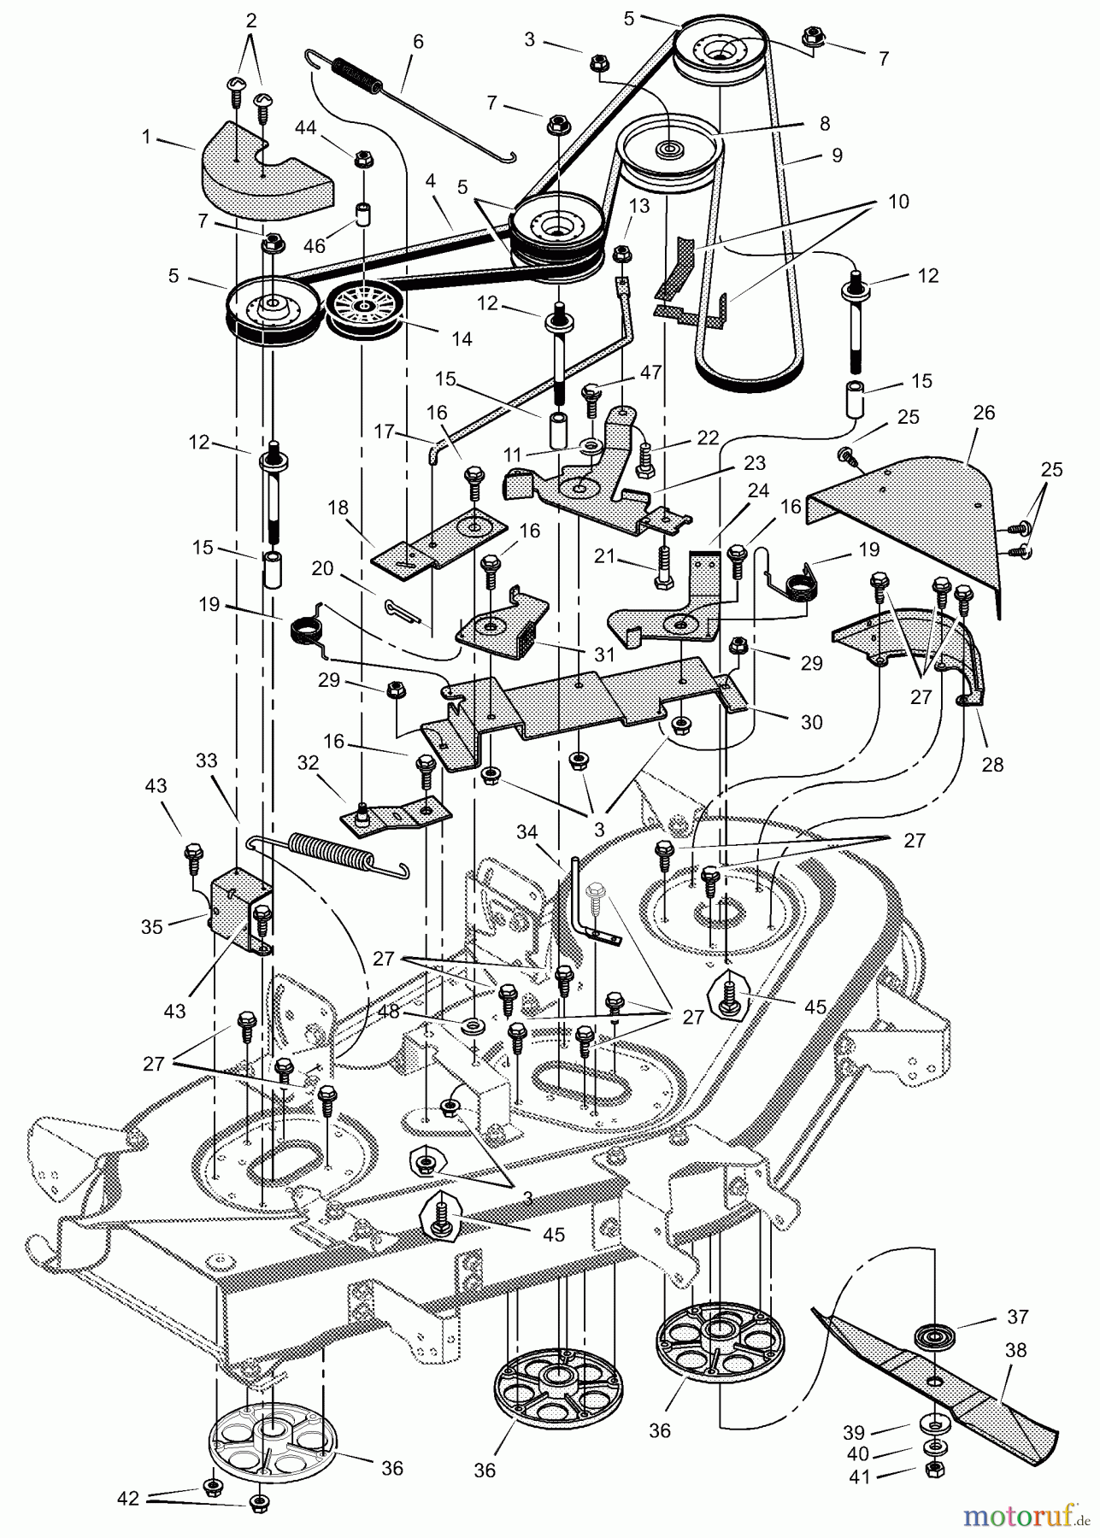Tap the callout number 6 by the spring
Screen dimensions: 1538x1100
click(x=417, y=43)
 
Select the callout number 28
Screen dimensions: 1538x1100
click(x=992, y=765)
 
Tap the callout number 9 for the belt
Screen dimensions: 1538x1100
click(x=836, y=155)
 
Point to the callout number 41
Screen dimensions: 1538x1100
click(x=861, y=1493)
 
